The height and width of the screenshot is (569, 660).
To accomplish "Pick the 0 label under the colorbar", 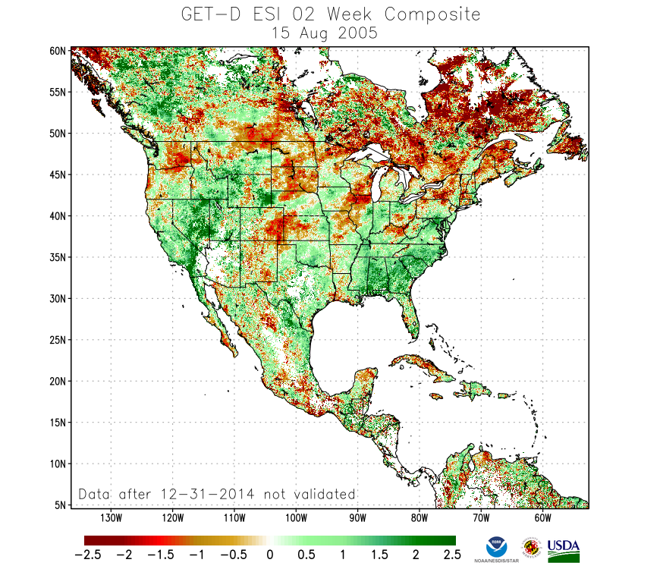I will (x=269, y=554).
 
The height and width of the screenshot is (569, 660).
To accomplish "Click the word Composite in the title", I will (x=432, y=14).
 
